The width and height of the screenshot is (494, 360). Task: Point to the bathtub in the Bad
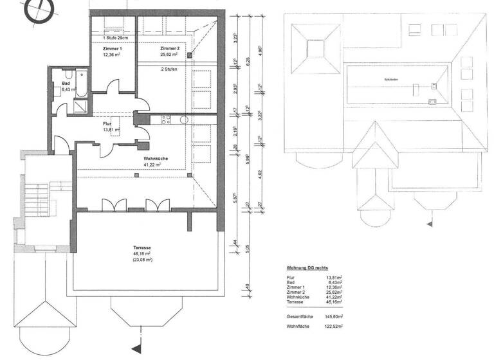[78, 81]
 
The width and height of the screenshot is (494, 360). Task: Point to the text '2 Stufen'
[170, 68]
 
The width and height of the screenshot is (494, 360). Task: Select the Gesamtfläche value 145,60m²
[332, 316]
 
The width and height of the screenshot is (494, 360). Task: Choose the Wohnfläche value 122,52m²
[332, 327]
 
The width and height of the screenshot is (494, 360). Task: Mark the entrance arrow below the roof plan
[428, 224]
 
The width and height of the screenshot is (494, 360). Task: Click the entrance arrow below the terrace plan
[135, 348]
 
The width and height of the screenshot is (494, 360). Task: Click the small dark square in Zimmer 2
[190, 56]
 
